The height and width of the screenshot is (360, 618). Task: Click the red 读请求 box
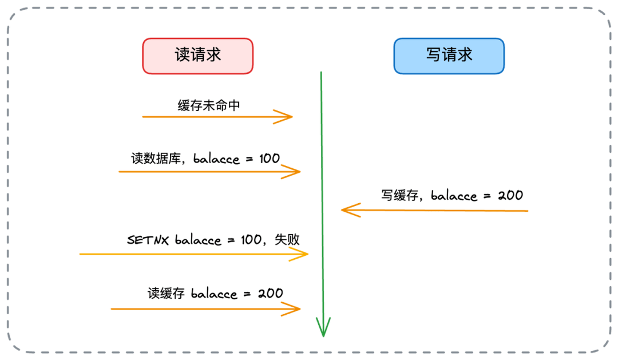tap(197, 56)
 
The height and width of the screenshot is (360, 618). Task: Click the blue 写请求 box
tap(449, 56)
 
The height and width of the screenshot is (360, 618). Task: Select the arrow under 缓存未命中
tap(217, 117)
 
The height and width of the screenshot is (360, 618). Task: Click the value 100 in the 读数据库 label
tap(269, 159)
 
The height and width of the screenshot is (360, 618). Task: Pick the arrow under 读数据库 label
tap(209, 171)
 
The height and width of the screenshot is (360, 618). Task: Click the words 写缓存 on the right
tap(401, 195)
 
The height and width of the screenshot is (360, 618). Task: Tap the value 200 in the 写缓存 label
tap(510, 195)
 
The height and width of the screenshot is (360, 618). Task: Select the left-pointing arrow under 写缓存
tap(435, 210)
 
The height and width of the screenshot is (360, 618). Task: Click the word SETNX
tap(148, 239)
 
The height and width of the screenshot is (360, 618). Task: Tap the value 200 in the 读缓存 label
tap(270, 294)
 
